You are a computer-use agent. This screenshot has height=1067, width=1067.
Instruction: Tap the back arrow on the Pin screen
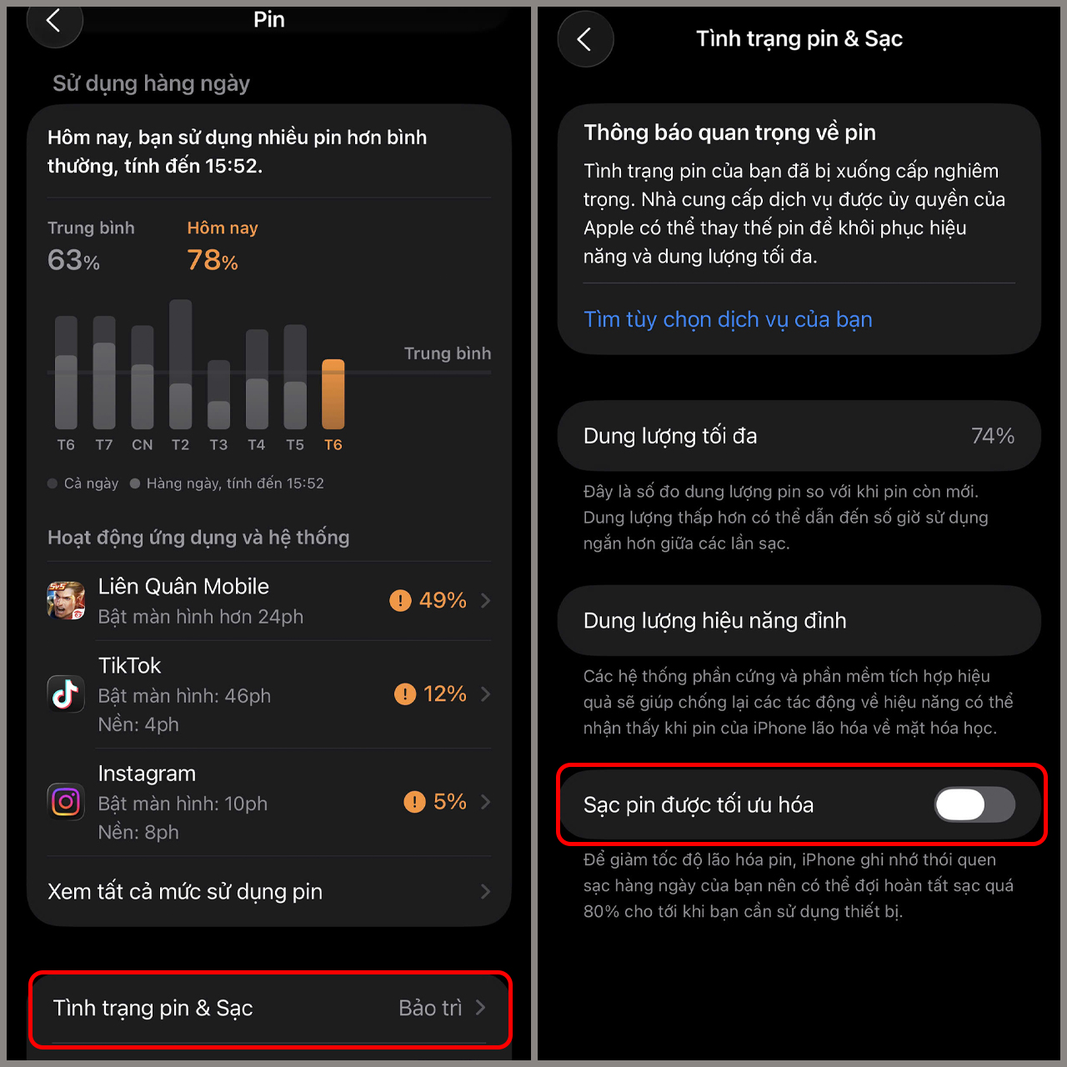pos(53,21)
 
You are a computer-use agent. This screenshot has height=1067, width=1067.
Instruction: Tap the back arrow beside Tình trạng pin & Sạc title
pos(584,39)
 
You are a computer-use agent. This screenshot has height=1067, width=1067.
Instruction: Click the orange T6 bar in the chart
pos(333,393)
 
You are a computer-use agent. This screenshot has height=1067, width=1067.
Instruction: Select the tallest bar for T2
pos(181,363)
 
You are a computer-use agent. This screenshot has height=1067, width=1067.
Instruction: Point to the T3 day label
pos(218,444)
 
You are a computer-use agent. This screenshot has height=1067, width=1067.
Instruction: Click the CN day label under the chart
pos(142,444)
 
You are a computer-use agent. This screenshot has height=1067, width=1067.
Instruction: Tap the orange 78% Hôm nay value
pos(213,260)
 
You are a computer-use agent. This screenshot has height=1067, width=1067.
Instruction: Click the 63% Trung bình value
pos(73,260)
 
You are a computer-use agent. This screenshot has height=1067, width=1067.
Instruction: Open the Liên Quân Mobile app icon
pos(66,600)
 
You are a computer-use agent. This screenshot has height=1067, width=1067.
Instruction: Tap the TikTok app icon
pos(66,694)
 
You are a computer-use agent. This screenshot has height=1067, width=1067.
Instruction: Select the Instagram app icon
pos(66,801)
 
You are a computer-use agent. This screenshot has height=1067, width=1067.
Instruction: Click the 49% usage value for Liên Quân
pos(443,600)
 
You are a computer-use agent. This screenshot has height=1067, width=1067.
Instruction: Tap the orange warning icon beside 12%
pos(405,694)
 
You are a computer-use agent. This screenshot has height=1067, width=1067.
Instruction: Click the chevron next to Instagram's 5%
pos(486,801)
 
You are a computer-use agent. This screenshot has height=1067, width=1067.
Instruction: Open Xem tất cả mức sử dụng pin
pos(185,891)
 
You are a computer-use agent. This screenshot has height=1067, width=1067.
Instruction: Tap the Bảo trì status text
pos(430,1008)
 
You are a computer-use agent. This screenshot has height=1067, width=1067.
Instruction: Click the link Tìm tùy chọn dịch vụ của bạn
pos(728,319)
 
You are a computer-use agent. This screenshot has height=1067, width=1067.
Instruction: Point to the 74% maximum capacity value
pos(993,436)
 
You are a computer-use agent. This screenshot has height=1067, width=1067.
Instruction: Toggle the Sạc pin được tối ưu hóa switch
pos(974,804)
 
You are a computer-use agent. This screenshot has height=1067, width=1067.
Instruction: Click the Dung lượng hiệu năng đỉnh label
pos(715,621)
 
